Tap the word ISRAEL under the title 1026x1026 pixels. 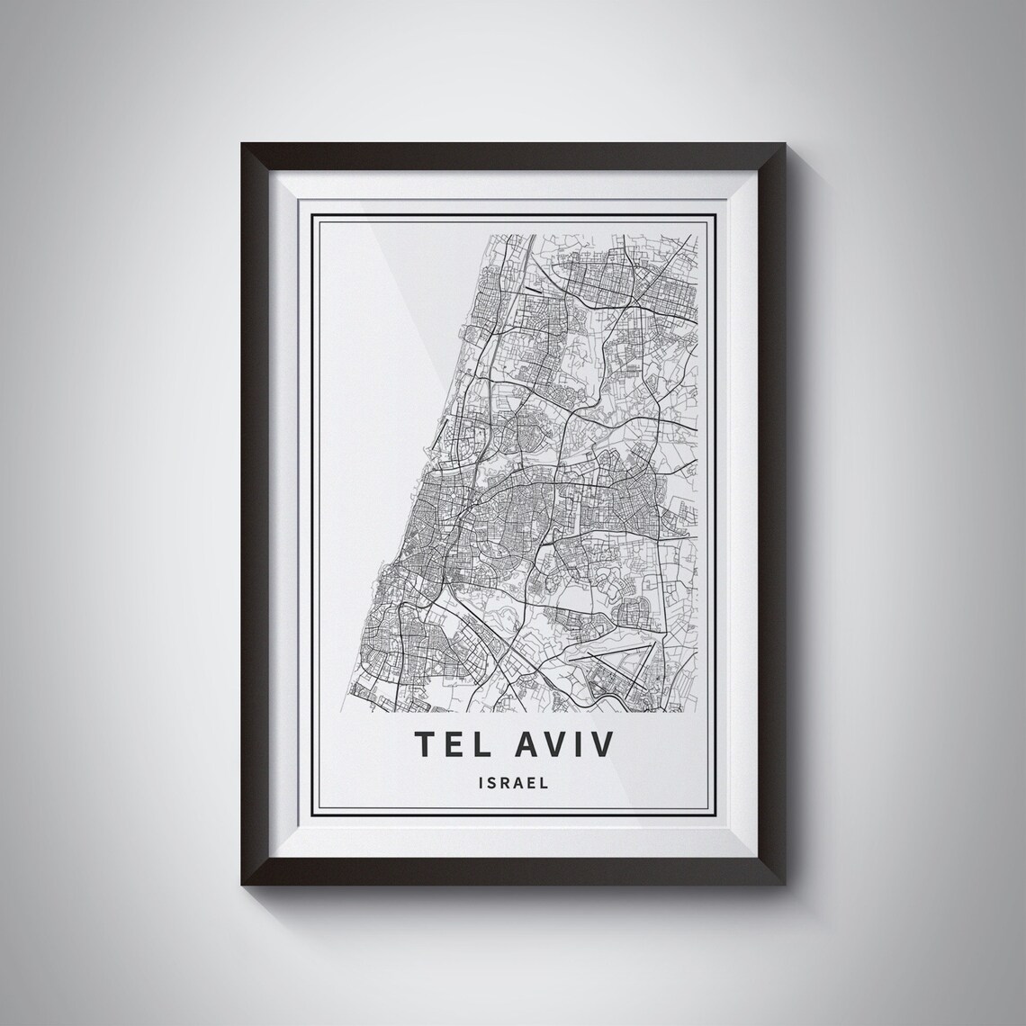[x=513, y=783]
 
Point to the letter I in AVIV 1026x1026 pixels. [x=585, y=744]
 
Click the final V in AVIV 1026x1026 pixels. [x=607, y=744]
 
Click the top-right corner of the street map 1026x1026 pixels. [x=698, y=235]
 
